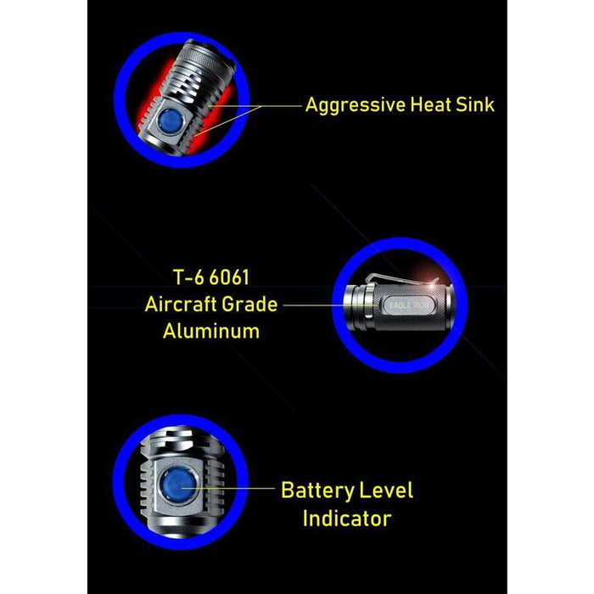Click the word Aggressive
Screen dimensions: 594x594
[x=356, y=105]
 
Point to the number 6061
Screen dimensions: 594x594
[x=230, y=277]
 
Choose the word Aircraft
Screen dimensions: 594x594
[x=180, y=304]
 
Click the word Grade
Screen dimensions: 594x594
[x=249, y=304]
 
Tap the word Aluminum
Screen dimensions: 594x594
[x=211, y=331]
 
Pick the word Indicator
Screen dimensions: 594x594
[x=347, y=518]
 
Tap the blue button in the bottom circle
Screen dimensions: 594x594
[x=177, y=485]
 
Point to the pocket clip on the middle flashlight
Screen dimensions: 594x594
[x=402, y=279]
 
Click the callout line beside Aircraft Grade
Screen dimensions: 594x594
[x=330, y=305]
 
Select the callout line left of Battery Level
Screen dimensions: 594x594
[x=227, y=488]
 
